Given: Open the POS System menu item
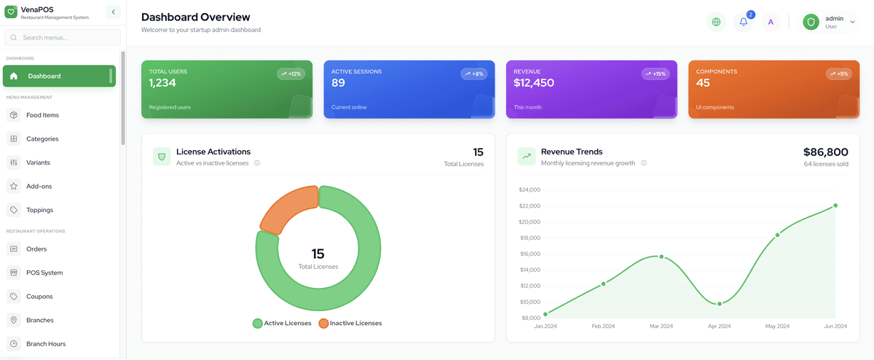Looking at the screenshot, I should [x=44, y=273].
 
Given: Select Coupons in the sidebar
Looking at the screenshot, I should [x=40, y=297].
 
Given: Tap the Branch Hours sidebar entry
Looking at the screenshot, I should [x=46, y=344].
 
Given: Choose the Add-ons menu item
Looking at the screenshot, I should [x=39, y=187].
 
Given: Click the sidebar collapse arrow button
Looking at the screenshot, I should [x=113, y=12].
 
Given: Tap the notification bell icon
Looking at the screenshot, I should [x=744, y=22].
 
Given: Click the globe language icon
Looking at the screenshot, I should [x=716, y=22].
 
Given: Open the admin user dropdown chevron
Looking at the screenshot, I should [x=853, y=22].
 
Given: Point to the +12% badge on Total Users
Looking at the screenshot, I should [x=291, y=74].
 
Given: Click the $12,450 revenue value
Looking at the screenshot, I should [x=534, y=83].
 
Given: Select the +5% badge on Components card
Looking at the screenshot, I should [x=838, y=74].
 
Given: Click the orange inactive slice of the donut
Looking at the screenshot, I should [x=287, y=208].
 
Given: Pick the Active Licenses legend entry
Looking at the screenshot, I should [x=282, y=323].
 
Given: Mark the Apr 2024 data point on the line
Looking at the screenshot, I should [x=720, y=304].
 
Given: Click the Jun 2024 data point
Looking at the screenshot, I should [x=835, y=206].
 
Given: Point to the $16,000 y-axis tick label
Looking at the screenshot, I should [x=529, y=254].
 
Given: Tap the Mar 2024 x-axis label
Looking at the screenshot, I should [x=661, y=326].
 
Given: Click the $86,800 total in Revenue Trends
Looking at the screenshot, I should [x=825, y=152].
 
